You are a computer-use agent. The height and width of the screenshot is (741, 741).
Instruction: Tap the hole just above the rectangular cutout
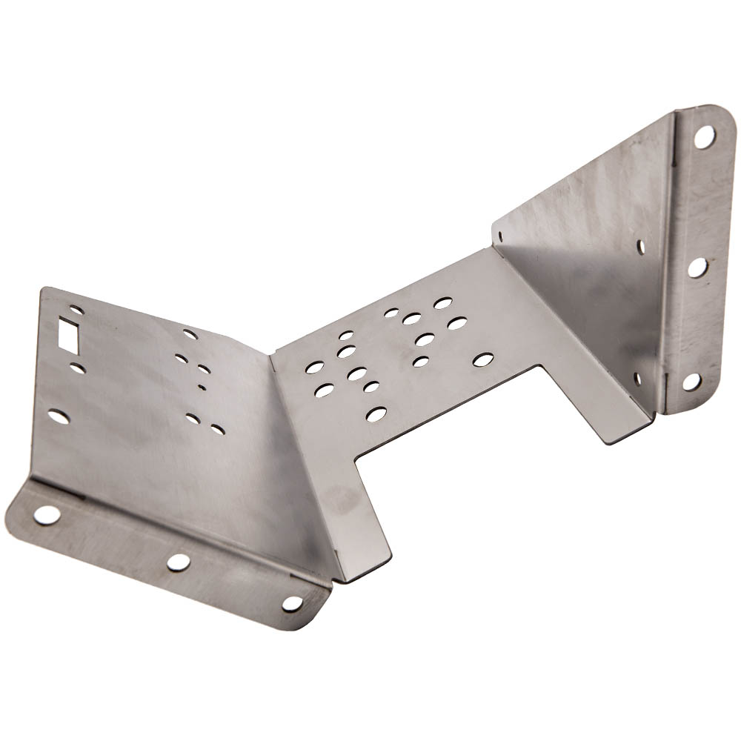[76, 310]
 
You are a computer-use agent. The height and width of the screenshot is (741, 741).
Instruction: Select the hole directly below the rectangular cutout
[77, 368]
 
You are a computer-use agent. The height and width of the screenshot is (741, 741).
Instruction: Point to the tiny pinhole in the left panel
[202, 386]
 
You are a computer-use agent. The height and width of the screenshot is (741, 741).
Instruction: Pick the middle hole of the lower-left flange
[178, 562]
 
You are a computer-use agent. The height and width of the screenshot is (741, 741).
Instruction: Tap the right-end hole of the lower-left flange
[293, 603]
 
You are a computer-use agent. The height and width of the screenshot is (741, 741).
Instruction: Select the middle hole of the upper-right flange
[697, 267]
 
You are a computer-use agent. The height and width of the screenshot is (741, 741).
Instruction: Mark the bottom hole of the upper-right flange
[691, 382]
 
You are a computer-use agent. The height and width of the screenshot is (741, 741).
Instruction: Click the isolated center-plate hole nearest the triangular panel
[482, 359]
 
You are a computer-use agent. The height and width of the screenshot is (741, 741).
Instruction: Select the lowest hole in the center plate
[376, 413]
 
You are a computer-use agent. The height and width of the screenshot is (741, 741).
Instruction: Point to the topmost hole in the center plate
[443, 303]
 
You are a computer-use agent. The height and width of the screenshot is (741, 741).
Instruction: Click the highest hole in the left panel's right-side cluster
[190, 334]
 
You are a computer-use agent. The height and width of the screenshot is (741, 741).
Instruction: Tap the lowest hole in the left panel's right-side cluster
[217, 429]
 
